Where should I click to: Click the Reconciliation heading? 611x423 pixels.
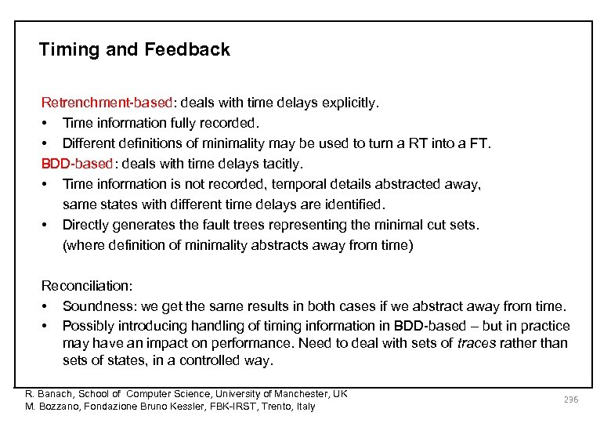pos(87,287)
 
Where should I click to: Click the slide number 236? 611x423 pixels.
pos(570,400)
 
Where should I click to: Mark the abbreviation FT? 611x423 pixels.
pos(481,143)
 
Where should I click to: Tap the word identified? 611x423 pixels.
pos(357,204)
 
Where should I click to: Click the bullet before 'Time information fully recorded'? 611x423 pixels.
pos(46,123)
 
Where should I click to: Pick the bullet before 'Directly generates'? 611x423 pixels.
pos(46,225)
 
